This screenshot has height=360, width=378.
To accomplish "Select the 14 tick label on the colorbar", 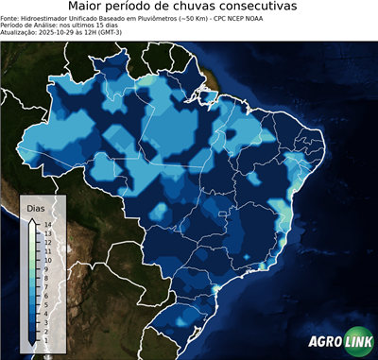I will click(x=47, y=224).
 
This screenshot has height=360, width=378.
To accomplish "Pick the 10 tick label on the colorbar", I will click(x=47, y=259).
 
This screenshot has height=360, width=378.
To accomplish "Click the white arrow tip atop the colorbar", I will click(x=32, y=220).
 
